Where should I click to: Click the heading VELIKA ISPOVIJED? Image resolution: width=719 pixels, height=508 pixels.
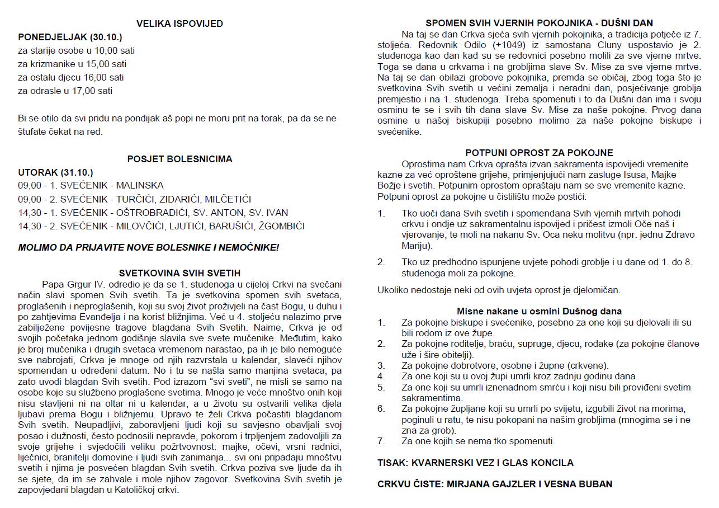click(x=179, y=23)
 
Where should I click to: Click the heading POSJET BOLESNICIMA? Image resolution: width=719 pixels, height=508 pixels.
click(x=179, y=159)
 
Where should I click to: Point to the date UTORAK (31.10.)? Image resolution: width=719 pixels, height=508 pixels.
click(x=55, y=172)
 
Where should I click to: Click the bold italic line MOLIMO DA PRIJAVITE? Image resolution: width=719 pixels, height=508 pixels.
click(x=148, y=247)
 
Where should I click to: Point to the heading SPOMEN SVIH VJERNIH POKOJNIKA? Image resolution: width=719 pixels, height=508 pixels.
click(x=539, y=23)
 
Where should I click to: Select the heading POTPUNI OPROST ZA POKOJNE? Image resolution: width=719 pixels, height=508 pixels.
click(x=539, y=153)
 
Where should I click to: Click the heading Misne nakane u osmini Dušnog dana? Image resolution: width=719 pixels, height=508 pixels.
click(x=539, y=311)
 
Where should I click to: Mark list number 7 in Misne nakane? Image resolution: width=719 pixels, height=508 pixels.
click(x=381, y=441)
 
